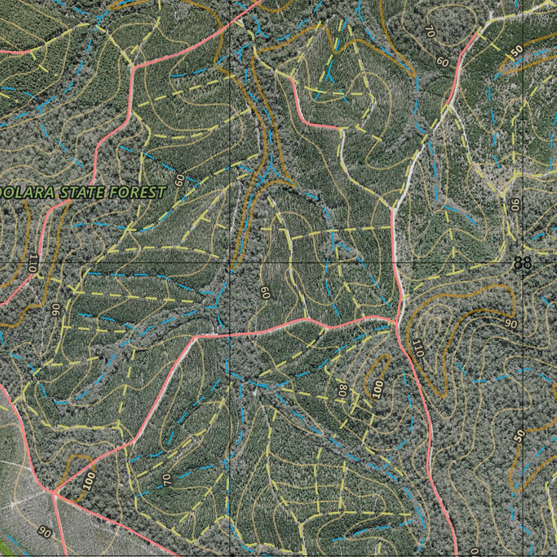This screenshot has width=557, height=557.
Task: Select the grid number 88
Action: click(x=522, y=263)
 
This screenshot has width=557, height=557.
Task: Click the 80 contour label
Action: click(x=342, y=390)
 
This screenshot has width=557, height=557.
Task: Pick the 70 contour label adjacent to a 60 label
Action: click(x=429, y=32)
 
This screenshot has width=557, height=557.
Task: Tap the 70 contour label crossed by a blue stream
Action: click(x=167, y=479)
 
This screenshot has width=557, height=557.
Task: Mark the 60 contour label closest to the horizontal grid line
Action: click(x=265, y=293)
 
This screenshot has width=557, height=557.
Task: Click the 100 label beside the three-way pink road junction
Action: click(x=90, y=481)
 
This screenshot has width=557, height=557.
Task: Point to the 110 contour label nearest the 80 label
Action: click(x=417, y=348)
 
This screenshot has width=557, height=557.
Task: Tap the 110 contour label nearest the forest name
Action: click(x=33, y=263)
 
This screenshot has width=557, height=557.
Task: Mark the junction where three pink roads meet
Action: click(x=53, y=492)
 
